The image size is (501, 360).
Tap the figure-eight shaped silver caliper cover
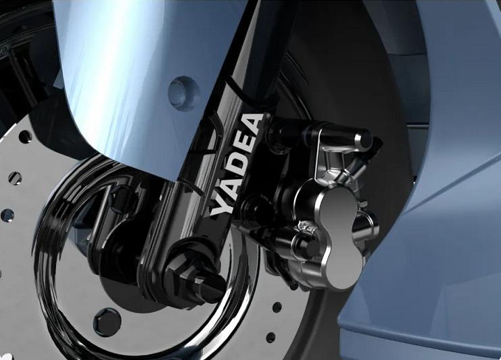coord(339,238)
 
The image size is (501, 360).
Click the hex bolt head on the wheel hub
coord(108,322)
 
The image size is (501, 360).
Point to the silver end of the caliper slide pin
coord(364,139)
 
